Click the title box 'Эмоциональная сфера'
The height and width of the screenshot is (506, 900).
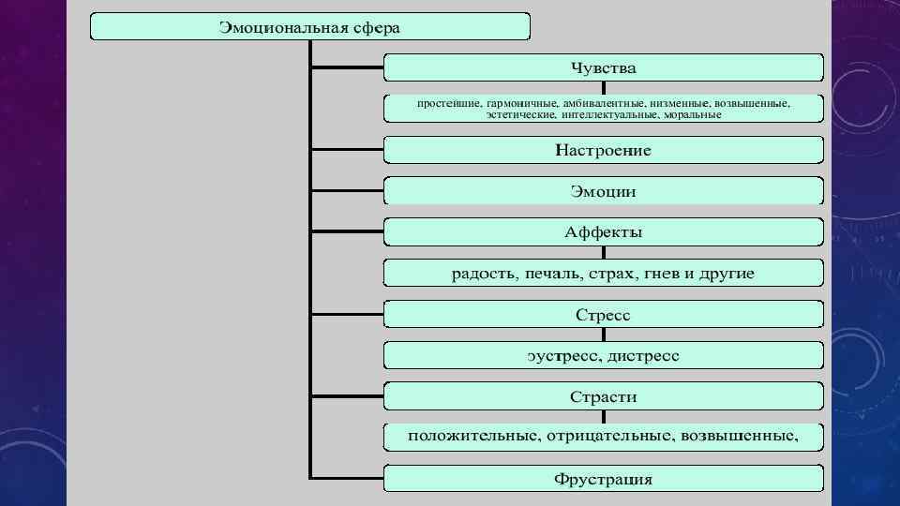(x=309, y=27)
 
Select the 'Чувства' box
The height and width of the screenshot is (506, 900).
(x=603, y=68)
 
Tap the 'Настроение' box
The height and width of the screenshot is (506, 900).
(x=603, y=150)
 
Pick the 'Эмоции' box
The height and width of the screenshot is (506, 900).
(x=603, y=191)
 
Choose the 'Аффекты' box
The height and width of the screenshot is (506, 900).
(x=603, y=232)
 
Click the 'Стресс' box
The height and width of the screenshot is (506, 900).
(x=603, y=315)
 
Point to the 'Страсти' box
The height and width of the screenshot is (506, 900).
(x=603, y=396)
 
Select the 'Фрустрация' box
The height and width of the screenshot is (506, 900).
(x=603, y=480)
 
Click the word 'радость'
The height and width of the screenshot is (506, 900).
(x=482, y=274)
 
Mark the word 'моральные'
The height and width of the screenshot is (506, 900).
(x=692, y=115)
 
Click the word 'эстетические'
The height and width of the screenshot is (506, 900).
(x=521, y=115)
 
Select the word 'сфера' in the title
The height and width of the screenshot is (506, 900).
(x=377, y=27)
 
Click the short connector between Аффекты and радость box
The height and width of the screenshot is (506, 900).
(x=603, y=253)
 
